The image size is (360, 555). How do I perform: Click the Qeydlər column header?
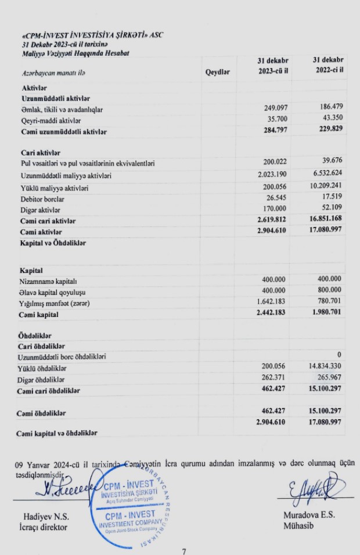point(218,71)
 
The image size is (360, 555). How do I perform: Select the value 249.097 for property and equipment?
point(273,109)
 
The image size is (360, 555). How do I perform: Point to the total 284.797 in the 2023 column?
point(273,131)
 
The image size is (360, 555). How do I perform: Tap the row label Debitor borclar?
point(42,199)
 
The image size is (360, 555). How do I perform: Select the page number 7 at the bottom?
point(184,551)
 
